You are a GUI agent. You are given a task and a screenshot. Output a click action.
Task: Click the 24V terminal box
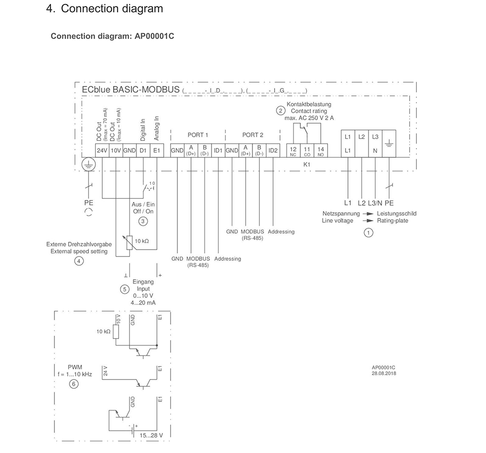102,150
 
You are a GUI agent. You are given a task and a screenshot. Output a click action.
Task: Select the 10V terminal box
116,150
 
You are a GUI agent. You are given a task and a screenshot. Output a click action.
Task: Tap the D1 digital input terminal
143,150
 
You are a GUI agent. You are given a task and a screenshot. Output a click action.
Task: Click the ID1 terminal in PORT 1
218,150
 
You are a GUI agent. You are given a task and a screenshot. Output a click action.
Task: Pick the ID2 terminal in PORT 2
273,150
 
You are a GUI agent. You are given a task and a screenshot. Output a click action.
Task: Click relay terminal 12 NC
293,150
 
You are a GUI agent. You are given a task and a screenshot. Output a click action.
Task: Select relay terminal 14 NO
320,150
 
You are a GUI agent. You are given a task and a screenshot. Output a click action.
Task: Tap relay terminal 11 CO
307,150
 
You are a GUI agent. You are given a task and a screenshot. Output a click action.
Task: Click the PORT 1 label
198,135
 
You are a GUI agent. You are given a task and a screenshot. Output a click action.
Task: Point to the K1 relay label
307,164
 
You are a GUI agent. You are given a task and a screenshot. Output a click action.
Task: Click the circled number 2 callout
280,111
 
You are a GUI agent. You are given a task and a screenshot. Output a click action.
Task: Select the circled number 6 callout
73,384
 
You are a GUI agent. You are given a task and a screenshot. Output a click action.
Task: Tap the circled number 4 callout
79,261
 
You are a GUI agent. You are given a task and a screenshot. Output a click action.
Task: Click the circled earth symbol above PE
88,164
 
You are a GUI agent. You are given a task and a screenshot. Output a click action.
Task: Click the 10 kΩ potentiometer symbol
129,243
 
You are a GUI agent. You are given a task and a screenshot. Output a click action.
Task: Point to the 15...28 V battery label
151,435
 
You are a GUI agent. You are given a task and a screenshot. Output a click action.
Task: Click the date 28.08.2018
384,374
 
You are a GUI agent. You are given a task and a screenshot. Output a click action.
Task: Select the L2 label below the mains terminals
362,203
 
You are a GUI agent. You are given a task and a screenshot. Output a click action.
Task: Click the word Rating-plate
392,220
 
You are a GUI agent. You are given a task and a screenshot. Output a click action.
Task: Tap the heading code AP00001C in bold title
155,36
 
